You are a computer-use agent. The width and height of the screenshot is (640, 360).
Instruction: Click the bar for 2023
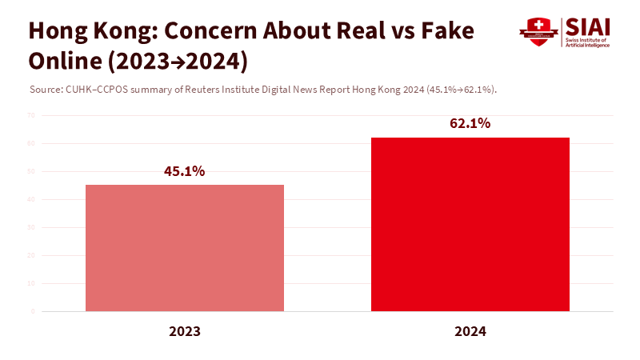point(185,248)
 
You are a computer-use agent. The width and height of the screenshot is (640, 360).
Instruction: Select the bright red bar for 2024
point(470,224)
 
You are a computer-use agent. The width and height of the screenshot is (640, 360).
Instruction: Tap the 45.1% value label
point(185,171)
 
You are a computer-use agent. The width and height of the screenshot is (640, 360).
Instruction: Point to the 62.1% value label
point(470,124)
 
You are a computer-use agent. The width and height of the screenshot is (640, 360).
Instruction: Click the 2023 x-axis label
point(185,330)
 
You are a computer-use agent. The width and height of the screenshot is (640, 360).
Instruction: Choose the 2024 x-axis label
point(470,330)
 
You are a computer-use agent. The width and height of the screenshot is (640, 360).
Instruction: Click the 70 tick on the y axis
point(30,115)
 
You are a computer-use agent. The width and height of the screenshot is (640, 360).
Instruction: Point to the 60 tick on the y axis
point(30,143)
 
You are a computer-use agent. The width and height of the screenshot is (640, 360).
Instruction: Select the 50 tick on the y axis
point(30,171)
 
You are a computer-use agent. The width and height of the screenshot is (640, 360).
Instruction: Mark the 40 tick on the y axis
point(30,199)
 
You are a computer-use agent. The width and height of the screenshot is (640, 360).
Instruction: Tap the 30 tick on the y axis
point(30,227)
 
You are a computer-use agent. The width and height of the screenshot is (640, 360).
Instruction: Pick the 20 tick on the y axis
point(30,255)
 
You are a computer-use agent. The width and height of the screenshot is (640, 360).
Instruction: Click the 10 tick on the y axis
point(30,283)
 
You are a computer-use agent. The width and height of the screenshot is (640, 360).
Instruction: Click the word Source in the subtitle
point(44,89)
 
